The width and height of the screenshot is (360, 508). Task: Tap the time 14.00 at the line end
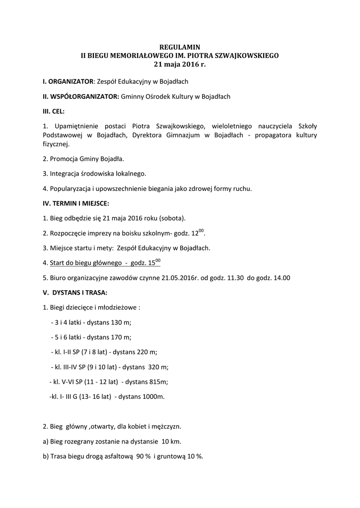282,278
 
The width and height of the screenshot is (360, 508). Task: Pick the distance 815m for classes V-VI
158,381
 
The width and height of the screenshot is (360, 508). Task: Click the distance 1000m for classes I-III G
152,396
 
